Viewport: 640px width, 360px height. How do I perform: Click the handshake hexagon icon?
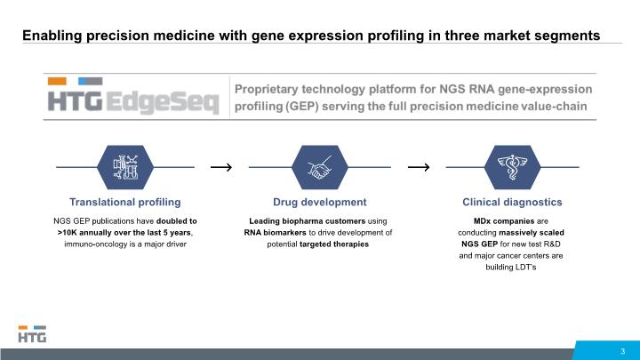coord(320,167)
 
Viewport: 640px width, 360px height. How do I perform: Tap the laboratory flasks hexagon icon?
coord(125,167)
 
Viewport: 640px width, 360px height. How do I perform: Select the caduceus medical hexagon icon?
coord(512,167)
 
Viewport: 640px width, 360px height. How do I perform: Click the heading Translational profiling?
coord(125,202)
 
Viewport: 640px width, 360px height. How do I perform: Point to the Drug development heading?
coord(320,202)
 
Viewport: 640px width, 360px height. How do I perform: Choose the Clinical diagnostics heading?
coord(512,202)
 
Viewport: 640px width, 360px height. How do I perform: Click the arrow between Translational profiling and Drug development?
coord(221,167)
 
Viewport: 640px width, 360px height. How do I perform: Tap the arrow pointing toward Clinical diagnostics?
coord(419,167)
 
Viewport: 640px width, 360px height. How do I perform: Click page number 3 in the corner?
coord(623,351)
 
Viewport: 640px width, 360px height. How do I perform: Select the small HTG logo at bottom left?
coord(32,333)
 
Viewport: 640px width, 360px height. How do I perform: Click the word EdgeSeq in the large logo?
coord(163,102)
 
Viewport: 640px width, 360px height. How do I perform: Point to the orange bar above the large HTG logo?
coord(57,81)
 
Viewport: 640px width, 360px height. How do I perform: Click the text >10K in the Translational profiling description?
coord(67,233)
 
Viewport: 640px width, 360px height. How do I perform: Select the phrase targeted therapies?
coord(334,244)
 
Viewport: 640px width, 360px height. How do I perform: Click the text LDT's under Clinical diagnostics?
coord(525,267)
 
